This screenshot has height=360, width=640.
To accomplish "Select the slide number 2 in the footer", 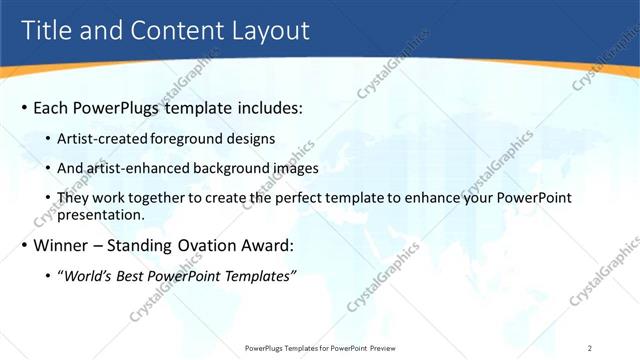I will pos(590,347).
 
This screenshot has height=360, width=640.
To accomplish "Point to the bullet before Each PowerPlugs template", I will pos(24,107).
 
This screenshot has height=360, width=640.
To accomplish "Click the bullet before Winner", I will pos(24,245).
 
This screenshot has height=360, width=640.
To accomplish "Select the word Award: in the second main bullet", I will pos(271,245).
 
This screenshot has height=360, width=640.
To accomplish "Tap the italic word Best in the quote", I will pos(134,276).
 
